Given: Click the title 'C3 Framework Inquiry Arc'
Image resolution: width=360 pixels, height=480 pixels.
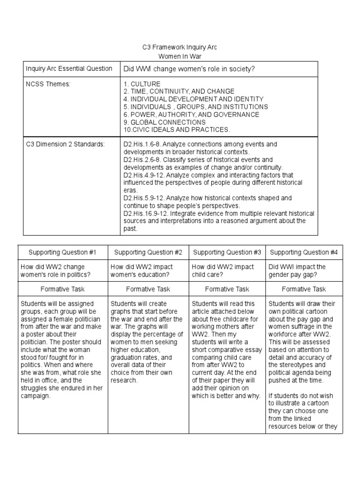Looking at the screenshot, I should click(180, 47).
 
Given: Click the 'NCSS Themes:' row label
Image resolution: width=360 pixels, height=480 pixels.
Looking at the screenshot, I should click(45, 83).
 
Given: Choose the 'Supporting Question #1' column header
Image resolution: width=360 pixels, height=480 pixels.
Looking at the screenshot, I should click(62, 253).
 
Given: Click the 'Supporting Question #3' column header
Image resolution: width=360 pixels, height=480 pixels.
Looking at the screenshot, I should click(227, 253).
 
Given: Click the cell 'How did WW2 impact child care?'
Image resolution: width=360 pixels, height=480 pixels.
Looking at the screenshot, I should click(223, 270).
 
